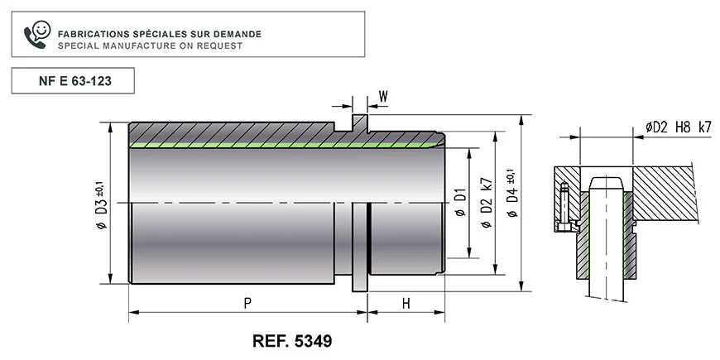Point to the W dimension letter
click(x=383, y=97)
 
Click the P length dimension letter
click(x=247, y=304)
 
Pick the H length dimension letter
click(x=406, y=304)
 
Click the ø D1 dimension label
click(x=460, y=203)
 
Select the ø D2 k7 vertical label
click(x=486, y=203)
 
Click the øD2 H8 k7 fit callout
click(x=678, y=127)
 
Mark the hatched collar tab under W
click(x=359, y=126)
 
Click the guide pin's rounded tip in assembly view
click(x=607, y=181)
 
